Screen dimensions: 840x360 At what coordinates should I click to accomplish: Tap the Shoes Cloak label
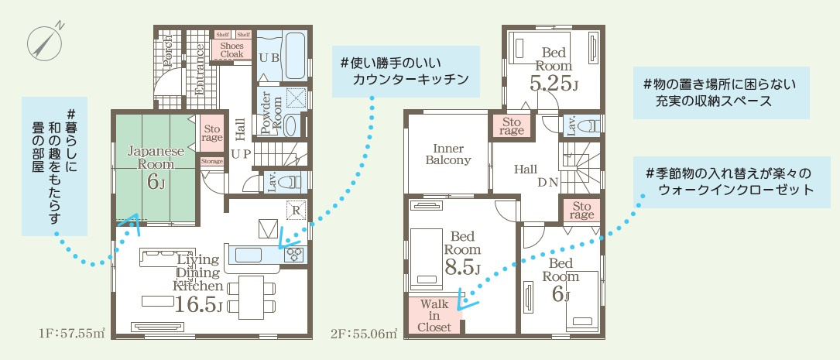[x=231, y=50]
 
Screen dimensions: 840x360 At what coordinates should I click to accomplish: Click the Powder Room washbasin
[x=290, y=125]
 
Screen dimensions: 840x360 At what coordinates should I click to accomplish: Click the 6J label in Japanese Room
[x=156, y=182]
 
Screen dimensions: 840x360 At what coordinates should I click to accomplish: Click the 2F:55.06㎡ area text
[x=365, y=334]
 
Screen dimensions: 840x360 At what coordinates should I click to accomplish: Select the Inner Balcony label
[x=448, y=154]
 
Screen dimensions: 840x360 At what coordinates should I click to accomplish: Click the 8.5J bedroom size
[x=462, y=267]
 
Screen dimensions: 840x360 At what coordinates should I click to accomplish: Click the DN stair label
[x=549, y=182]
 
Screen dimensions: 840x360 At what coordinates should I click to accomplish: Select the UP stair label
[x=240, y=154]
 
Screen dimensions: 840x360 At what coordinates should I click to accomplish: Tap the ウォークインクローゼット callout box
[x=732, y=182]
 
